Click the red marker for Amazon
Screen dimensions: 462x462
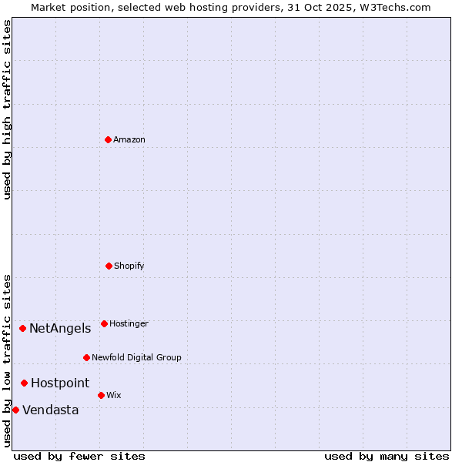108,139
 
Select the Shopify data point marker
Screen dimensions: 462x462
109,266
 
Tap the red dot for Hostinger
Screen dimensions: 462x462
104,323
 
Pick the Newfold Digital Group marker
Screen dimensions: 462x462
86,357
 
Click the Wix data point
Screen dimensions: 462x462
101,395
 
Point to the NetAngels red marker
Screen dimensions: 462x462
22,328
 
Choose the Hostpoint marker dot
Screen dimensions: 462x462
24,383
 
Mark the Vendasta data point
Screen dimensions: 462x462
15,410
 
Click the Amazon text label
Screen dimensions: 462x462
129,139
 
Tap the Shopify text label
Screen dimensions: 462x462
129,266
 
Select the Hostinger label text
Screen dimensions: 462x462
129,323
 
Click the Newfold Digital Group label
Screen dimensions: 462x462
136,357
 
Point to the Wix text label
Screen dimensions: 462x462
114,395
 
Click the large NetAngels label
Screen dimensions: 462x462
60,328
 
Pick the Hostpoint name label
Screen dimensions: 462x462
60,383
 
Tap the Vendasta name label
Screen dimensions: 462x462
51,410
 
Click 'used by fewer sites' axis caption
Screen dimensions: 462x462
79,456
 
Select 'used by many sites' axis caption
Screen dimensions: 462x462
387,456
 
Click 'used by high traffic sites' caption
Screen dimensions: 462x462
7,109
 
